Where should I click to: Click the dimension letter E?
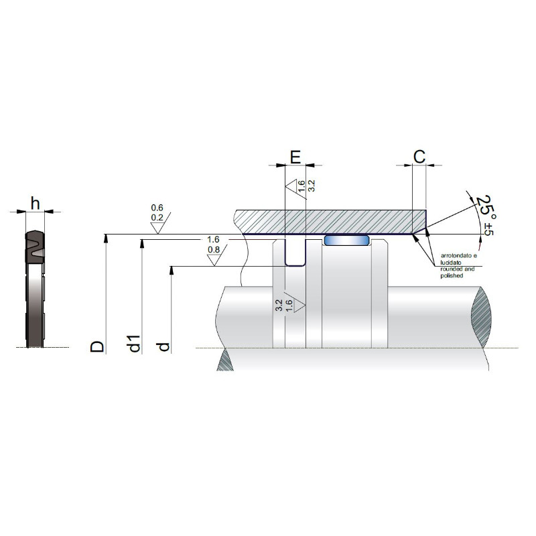click(x=295, y=157)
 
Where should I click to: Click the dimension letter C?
click(x=419, y=157)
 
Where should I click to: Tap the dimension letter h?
click(x=36, y=204)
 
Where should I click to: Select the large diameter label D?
click(x=97, y=346)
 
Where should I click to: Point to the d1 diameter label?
click(x=134, y=343)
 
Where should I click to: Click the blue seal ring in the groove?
click(x=346, y=241)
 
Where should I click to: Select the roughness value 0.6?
click(x=157, y=208)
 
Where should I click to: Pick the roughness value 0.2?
click(x=157, y=218)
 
